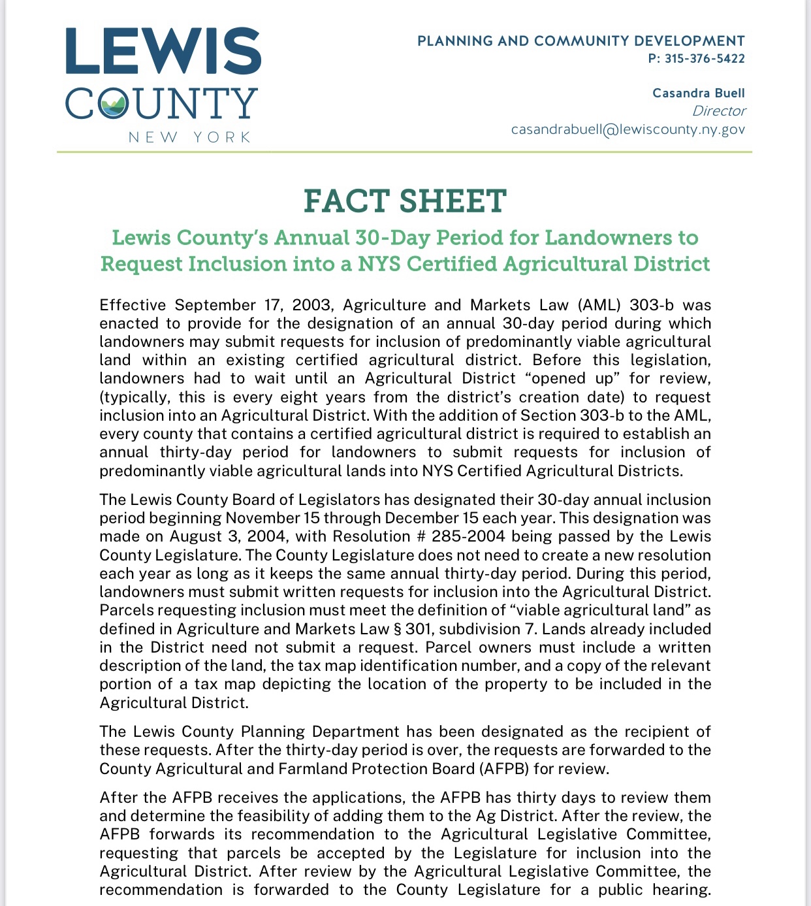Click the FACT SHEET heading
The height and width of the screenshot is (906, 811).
(x=405, y=201)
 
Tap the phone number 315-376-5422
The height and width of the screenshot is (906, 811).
(x=705, y=59)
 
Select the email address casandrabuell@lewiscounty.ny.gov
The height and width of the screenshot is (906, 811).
(x=628, y=129)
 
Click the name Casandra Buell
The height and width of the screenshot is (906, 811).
(x=698, y=93)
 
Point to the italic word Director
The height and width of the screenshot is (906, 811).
(x=718, y=111)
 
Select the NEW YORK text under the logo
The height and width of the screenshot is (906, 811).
(x=190, y=137)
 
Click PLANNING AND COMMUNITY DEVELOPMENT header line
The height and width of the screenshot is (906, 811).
(x=580, y=41)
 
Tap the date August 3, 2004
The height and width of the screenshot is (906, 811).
(x=228, y=536)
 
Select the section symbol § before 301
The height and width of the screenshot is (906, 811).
(x=397, y=629)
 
